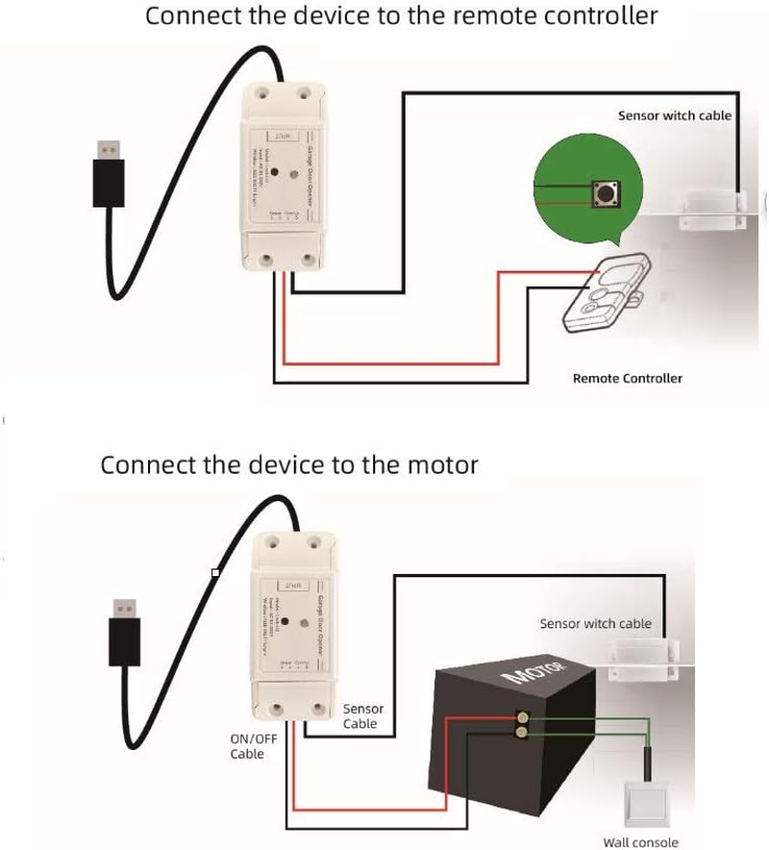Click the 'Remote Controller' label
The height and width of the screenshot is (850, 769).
pos(627,378)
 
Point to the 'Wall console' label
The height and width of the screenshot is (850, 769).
pos(640,842)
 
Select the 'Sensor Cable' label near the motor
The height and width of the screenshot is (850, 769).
pos(360,716)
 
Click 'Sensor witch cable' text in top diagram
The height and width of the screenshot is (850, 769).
pos(674,115)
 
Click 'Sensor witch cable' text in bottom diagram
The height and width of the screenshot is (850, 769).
pos(595,623)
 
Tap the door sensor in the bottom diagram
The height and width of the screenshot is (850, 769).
pos(646,662)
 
